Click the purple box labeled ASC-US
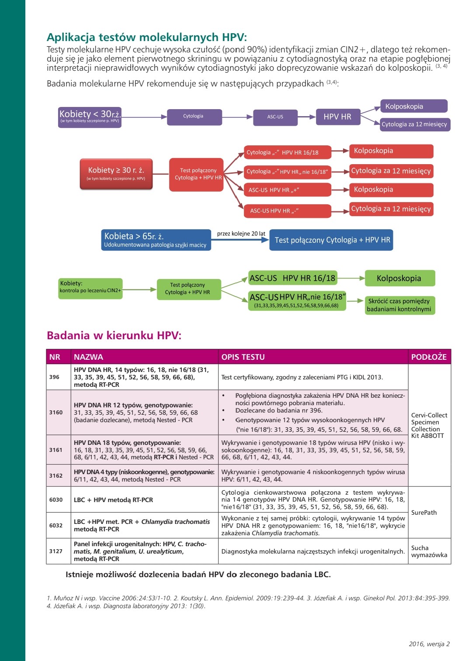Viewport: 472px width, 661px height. coord(275,117)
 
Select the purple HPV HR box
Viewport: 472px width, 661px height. coord(338,117)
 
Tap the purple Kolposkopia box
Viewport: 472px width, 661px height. coord(414,107)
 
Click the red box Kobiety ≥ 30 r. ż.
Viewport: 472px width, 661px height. coord(116,174)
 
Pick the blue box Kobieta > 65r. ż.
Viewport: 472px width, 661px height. coord(156,240)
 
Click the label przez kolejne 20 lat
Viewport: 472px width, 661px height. coord(241,234)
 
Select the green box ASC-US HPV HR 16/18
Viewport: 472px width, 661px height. coord(292,278)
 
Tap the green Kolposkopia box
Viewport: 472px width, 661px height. coord(399,279)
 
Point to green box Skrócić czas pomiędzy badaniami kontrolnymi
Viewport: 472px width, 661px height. coord(399,305)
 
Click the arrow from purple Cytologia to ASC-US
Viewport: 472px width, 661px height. coord(238,117)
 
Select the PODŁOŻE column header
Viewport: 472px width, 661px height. coord(429,357)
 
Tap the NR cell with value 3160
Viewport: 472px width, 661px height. coord(56,412)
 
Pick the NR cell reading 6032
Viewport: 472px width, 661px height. coord(56,525)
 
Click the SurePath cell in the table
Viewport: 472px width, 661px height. coord(424,513)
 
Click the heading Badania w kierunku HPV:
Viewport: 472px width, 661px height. coord(114,335)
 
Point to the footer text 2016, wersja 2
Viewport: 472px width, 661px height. coord(429,644)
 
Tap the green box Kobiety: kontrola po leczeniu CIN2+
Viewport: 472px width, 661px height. coord(90,289)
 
